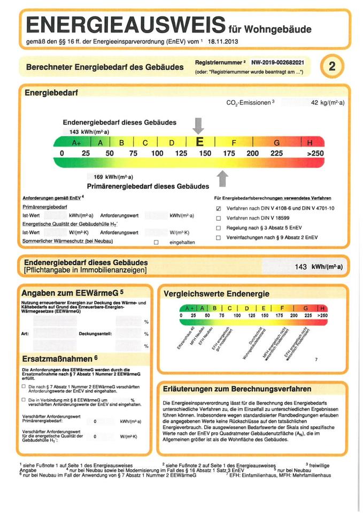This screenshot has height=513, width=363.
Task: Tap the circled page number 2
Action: [x=332, y=66]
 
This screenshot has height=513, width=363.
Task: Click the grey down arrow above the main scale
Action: [x=198, y=126]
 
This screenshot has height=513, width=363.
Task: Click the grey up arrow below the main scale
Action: [x=223, y=177]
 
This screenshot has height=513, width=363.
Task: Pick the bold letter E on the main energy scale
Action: [x=200, y=142]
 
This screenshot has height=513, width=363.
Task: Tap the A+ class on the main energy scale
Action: [x=76, y=143]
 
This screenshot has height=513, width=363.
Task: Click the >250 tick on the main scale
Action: [x=314, y=153]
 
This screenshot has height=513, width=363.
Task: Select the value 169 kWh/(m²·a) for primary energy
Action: [x=113, y=177]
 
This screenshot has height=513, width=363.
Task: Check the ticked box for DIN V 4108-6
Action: [x=218, y=208]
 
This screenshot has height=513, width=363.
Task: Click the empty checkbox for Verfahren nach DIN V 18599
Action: [x=218, y=218]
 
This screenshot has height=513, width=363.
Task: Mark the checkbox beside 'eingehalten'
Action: [x=157, y=242]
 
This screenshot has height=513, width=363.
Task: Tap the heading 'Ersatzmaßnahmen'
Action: [x=59, y=357]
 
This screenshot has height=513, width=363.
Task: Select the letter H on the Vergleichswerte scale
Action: [x=322, y=308]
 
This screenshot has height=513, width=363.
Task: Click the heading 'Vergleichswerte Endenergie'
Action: [x=216, y=293]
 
